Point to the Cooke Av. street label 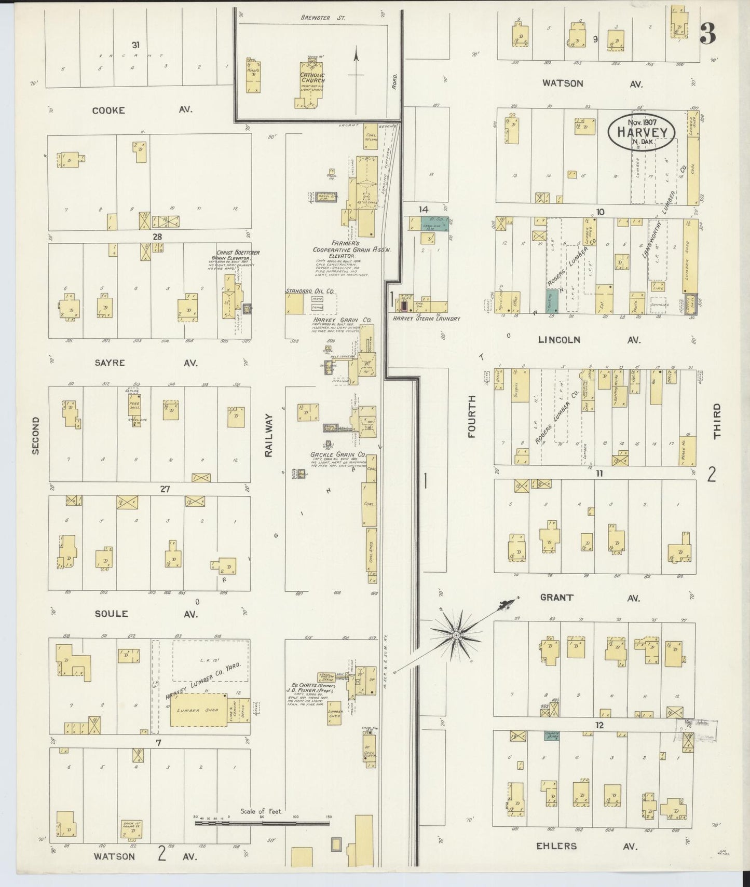point(142,110)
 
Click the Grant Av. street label point(589,598)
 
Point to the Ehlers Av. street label point(587,846)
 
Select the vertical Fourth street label point(472,416)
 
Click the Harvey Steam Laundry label point(426,318)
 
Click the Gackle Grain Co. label point(337,455)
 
